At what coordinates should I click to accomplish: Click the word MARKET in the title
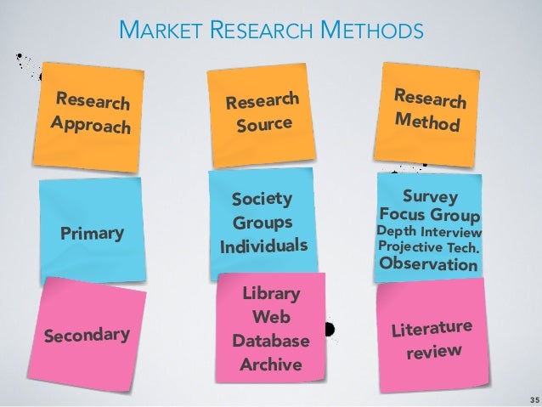point(152,32)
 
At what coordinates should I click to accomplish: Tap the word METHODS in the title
point(374,32)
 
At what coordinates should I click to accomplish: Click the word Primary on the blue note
point(92,233)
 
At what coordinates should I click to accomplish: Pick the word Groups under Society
point(263,223)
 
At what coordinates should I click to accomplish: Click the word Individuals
point(263,246)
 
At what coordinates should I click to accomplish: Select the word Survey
point(429,197)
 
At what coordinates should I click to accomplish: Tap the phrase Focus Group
point(430,215)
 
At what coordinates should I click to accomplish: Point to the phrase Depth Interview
point(429,232)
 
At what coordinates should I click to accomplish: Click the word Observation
point(428,264)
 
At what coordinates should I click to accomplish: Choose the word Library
point(271,294)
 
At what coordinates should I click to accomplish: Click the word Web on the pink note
point(271,318)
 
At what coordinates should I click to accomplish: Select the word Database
point(271,342)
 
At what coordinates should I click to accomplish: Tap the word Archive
point(271,365)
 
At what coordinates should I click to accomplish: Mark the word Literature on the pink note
point(430,327)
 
